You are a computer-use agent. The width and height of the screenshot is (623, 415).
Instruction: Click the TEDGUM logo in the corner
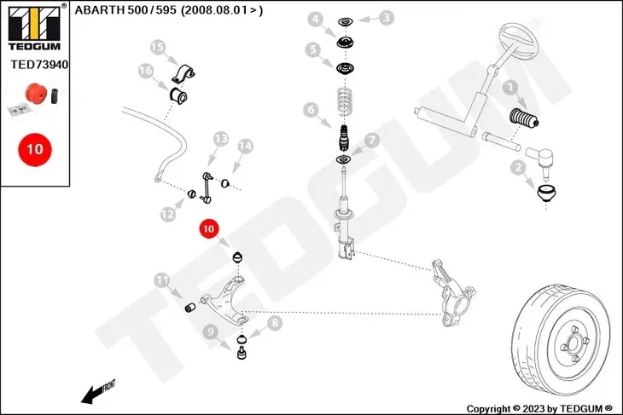pos(35,27)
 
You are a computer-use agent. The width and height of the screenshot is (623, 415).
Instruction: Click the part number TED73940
pos(39,64)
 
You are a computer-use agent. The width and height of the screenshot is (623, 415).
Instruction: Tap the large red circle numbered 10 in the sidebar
pos(35,149)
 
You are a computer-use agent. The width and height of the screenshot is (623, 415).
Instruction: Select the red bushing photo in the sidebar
pos(36,92)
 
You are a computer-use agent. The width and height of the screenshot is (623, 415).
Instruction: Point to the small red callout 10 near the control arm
pos(208,229)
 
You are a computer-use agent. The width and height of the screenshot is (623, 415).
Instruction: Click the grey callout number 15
pos(157,47)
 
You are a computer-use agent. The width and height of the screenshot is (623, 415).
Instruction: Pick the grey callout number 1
pos(510,87)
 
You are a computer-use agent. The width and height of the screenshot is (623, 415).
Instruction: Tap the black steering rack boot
pos(524,118)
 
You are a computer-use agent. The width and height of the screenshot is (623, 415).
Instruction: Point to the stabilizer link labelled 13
pos(207,187)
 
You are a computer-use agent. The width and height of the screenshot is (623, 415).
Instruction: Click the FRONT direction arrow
pos(98,392)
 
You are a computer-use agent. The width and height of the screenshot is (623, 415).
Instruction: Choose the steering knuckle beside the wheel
pos(454,292)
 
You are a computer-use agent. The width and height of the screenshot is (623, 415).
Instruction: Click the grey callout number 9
pos(210,331)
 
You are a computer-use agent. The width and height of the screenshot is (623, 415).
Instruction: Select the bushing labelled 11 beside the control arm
pos(190,307)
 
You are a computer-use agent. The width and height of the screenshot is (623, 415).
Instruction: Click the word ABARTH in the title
pos(99,10)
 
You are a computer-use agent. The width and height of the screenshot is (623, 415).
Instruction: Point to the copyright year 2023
pos(534,409)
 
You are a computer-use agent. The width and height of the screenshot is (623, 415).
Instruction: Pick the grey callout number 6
pos(311,110)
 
